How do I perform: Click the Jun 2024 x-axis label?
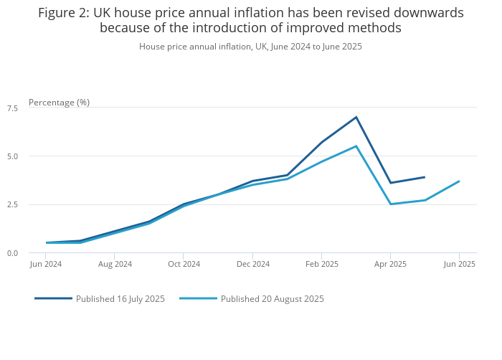click(x=46, y=264)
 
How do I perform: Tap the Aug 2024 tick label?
click(x=115, y=264)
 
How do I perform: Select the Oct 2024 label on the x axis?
click(x=184, y=264)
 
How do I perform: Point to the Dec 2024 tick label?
click(x=252, y=264)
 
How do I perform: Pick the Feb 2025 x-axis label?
click(x=321, y=264)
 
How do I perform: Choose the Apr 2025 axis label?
click(x=390, y=264)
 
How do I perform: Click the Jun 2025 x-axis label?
click(x=459, y=264)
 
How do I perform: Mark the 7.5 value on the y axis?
click(x=12, y=108)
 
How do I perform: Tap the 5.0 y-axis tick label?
click(x=12, y=156)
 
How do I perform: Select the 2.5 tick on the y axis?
click(x=12, y=204)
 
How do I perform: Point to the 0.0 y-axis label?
click(x=12, y=253)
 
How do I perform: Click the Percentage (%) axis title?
click(x=59, y=103)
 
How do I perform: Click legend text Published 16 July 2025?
click(x=120, y=299)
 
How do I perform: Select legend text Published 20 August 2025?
click(x=272, y=299)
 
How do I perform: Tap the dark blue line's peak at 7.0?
click(x=356, y=117)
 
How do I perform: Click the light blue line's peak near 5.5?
click(x=356, y=146)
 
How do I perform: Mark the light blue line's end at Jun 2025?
click(x=459, y=181)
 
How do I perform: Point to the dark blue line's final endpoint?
click(x=425, y=177)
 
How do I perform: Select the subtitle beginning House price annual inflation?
click(x=250, y=47)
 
